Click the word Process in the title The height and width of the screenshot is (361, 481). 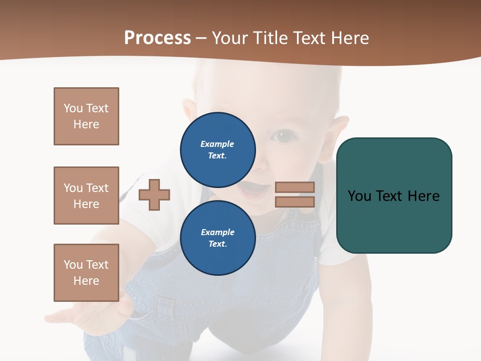157,38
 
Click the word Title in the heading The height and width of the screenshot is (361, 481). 270,38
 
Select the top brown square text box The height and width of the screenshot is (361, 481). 86,116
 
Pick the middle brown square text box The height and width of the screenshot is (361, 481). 86,196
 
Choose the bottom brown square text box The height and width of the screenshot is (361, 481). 86,273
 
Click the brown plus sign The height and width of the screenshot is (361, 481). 154,195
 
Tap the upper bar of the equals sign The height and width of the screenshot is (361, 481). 295,187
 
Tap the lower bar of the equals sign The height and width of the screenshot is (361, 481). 295,202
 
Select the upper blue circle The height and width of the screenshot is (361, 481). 218,149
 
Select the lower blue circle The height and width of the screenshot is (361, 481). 218,238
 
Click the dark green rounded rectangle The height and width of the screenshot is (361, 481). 394,221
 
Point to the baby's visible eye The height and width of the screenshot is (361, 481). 284,136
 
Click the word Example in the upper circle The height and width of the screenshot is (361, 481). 217,144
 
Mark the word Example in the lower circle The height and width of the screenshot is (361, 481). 217,232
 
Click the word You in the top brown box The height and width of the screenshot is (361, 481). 73,108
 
